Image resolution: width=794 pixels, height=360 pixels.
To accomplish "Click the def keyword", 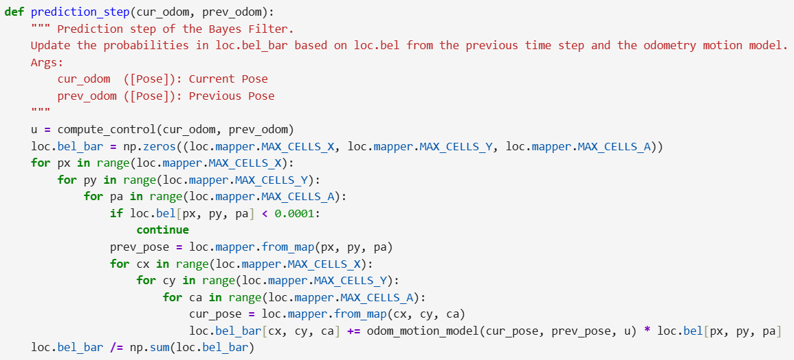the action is click(x=14, y=12).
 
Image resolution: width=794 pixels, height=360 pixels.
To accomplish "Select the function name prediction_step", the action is click(x=81, y=12).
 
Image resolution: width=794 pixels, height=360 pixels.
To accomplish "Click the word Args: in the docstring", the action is click(x=44, y=62).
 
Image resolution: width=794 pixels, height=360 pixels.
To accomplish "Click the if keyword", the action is click(x=116, y=213).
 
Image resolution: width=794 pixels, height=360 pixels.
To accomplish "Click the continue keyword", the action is click(x=163, y=230).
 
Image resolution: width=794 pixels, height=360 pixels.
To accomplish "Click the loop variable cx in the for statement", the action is click(x=143, y=264).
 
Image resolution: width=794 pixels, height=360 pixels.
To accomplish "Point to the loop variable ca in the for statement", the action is click(x=195, y=297).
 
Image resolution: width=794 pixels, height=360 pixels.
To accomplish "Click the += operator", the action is click(x=353, y=331).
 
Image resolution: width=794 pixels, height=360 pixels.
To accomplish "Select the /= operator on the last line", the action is click(x=116, y=348).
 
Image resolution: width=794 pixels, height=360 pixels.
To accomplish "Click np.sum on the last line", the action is click(x=150, y=348).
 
